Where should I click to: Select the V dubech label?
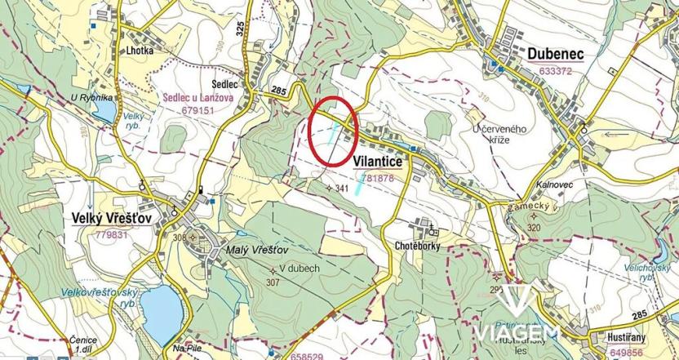coord(298,269)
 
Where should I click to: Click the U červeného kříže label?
coord(499,134)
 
